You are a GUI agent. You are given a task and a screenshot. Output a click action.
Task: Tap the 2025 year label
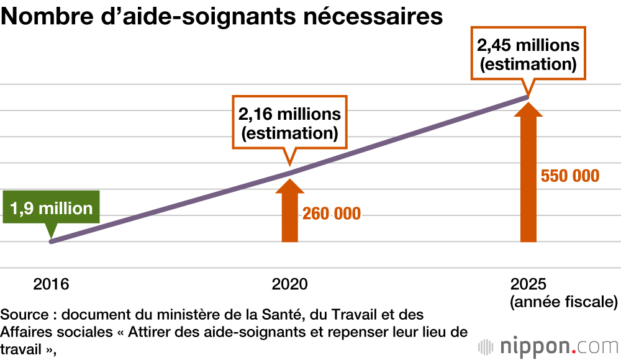tap(528, 285)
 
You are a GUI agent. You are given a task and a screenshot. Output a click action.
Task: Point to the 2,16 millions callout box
tap(289, 123)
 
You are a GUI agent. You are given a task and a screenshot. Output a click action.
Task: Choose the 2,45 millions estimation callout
tap(528, 54)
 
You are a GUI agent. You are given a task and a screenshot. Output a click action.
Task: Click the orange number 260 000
tap(332, 214)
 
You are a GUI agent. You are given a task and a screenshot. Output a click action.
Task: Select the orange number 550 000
tap(570, 176)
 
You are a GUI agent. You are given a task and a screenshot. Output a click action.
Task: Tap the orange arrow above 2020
tap(289, 211)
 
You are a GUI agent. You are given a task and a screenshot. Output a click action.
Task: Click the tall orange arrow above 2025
tap(528, 174)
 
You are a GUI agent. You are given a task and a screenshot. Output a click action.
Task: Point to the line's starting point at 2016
tap(51, 241)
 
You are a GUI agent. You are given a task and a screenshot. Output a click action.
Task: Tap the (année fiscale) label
tap(563, 303)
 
